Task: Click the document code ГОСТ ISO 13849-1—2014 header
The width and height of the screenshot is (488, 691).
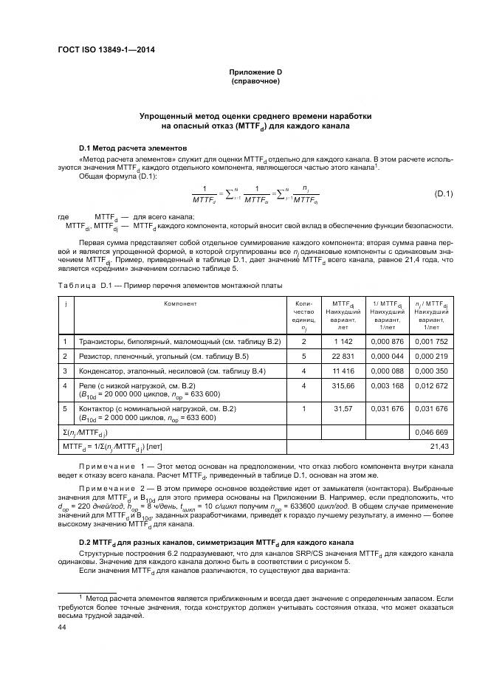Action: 110,51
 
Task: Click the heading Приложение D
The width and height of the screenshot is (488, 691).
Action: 255,72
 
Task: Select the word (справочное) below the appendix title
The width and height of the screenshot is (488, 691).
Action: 255,81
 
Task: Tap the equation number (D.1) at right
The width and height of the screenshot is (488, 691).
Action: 444,194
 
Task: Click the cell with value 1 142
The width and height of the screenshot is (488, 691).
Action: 343,342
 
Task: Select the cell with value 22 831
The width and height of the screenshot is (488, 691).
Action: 343,356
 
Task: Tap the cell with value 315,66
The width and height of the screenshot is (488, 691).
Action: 343,385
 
